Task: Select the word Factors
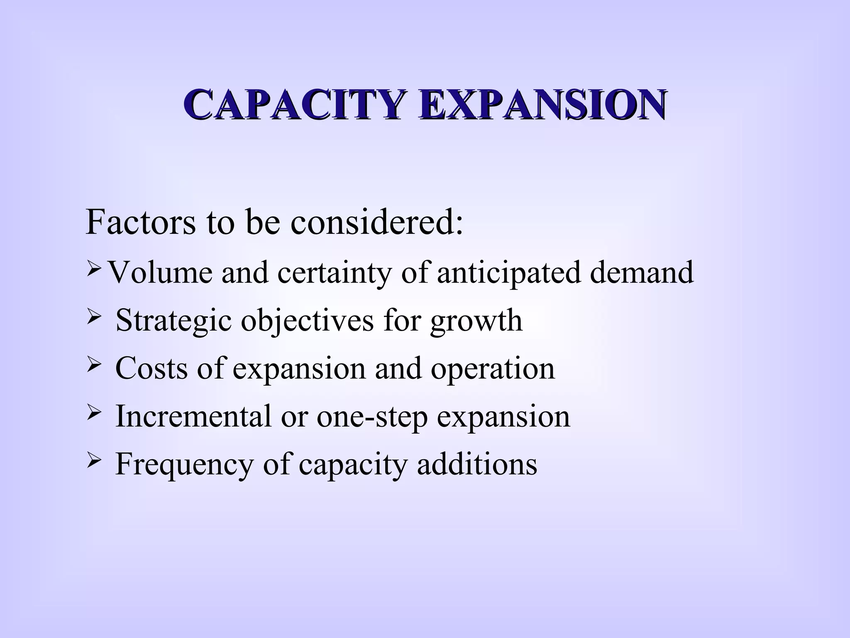(x=140, y=222)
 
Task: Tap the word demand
(x=642, y=272)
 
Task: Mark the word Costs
(x=151, y=368)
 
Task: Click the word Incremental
(x=193, y=416)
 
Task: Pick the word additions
(x=477, y=464)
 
